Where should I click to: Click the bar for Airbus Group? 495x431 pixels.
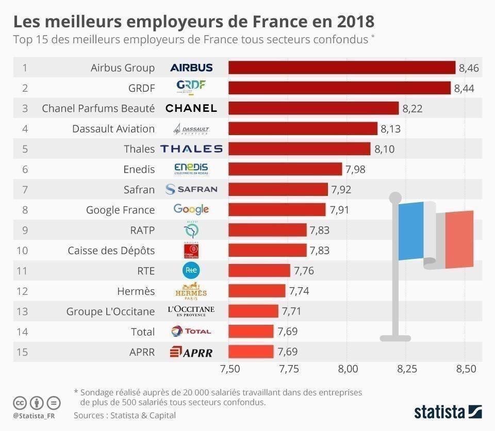point(341,68)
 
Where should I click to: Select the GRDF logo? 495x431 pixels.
point(191,88)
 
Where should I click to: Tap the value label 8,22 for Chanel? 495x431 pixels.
point(412,108)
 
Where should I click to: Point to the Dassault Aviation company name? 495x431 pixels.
point(113,128)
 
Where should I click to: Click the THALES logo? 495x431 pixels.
point(191,149)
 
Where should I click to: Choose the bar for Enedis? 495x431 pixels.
point(285,169)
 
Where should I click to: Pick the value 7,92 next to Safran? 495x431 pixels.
point(341,190)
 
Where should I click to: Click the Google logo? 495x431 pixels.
point(191,209)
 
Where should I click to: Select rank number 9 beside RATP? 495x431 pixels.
point(25,230)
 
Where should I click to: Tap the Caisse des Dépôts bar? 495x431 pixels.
point(268,250)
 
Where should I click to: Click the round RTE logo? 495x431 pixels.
point(191,270)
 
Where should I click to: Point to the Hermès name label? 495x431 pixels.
point(136,291)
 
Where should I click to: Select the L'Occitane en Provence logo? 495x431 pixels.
point(191,311)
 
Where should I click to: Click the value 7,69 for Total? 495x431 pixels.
point(287,331)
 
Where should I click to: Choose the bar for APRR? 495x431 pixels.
point(251,352)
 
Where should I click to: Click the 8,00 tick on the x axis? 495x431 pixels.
point(348,369)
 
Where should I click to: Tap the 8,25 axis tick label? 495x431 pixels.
point(407,369)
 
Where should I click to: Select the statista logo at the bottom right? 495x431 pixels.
point(448,411)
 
